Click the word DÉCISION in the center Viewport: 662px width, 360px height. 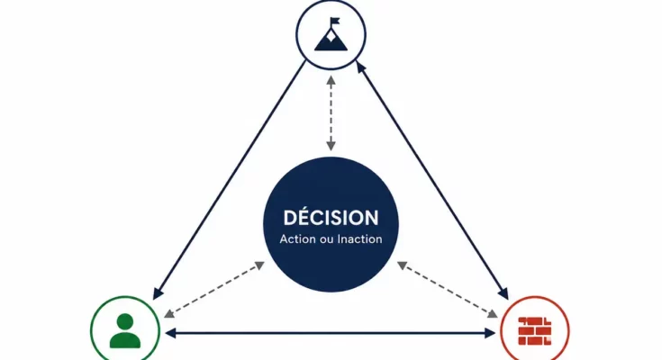pyautogui.click(x=331, y=218)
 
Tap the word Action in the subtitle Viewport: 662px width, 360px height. pyautogui.click(x=297, y=239)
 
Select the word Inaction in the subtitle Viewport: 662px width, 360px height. pyautogui.click(x=359, y=239)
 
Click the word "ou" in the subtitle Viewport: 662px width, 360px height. pyautogui.click(x=326, y=240)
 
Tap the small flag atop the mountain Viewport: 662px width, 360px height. pyautogui.click(x=335, y=21)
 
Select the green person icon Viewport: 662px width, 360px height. pyautogui.click(x=125, y=331)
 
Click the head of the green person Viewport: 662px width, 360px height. pyautogui.click(x=125, y=320)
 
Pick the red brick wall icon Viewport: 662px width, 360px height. pyautogui.click(x=535, y=331)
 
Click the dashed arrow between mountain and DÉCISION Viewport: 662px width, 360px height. pyautogui.click(x=331, y=113)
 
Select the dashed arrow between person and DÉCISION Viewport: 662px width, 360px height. pyautogui.click(x=214, y=290)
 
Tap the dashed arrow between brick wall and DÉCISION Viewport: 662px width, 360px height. pyautogui.click(x=448, y=290)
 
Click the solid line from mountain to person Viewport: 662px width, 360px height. pyautogui.click(x=230, y=180)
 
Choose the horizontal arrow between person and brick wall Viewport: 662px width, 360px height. pyautogui.click(x=331, y=333)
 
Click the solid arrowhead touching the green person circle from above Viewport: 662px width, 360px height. pyautogui.click(x=158, y=293)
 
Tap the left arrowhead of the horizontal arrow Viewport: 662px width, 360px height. pyautogui.click(x=170, y=333)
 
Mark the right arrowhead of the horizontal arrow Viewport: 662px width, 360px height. pyautogui.click(x=491, y=333)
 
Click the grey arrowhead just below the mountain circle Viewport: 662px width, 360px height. pyautogui.click(x=331, y=80)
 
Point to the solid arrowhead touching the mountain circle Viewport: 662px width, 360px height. pyautogui.click(x=360, y=67)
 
